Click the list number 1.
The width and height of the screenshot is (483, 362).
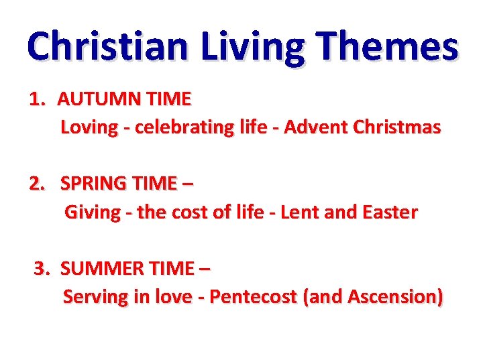37,100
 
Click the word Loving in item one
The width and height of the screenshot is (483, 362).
89,127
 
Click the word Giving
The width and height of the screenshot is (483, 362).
92,213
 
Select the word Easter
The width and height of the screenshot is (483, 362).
389,213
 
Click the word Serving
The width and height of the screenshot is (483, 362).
95,296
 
